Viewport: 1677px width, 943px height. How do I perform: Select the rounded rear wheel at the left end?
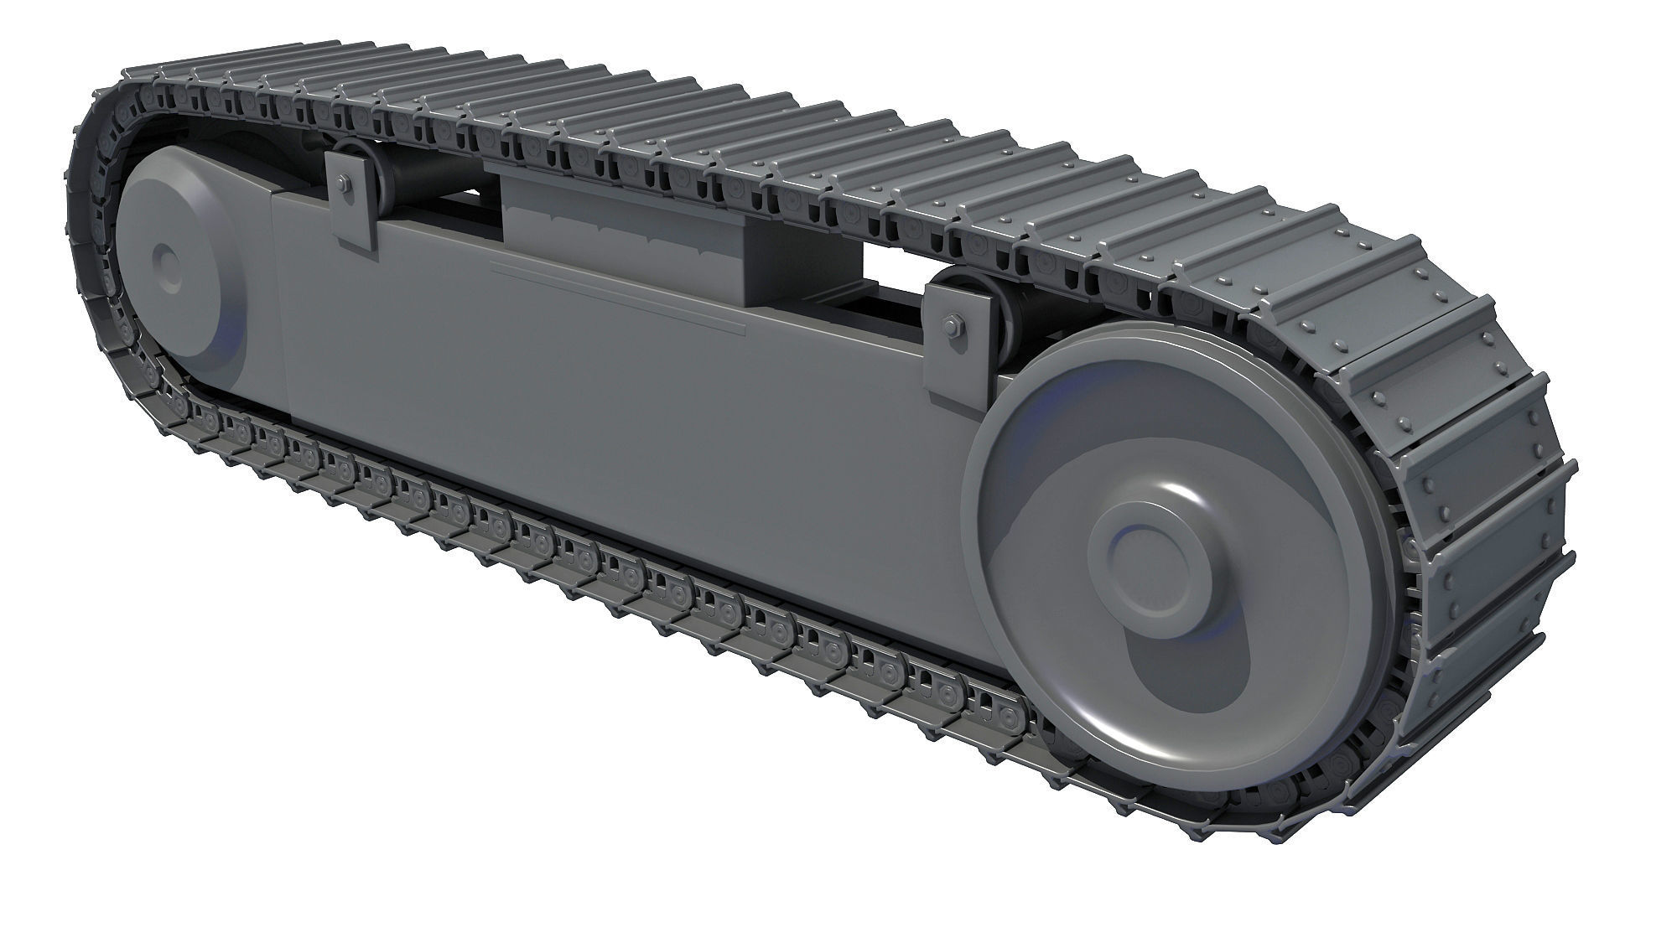coord(180,268)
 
